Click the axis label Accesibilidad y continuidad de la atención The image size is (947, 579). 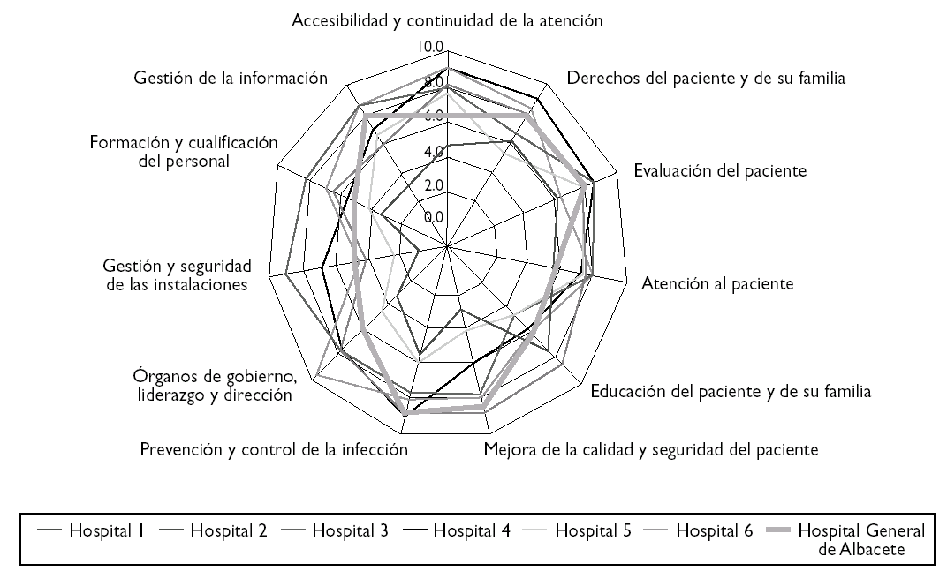[x=448, y=20]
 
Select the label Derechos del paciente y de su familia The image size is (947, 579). [x=706, y=78]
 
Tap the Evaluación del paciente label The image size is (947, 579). [x=720, y=170]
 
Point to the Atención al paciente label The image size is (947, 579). [x=716, y=284]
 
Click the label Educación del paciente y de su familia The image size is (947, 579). [x=731, y=391]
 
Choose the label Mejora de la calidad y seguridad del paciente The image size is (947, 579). [x=651, y=450]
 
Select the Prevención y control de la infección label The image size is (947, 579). [x=274, y=450]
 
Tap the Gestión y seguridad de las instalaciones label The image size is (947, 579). [x=178, y=275]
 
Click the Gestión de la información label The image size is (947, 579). [x=231, y=78]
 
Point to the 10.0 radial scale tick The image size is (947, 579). [x=431, y=47]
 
